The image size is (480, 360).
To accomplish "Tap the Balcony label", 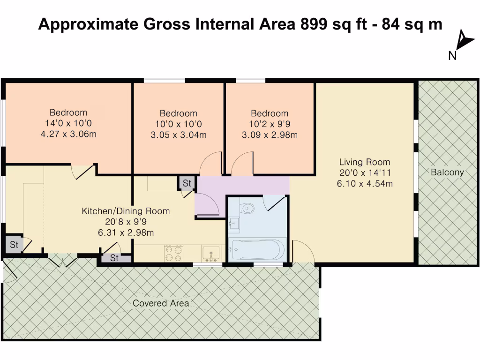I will (x=447, y=172).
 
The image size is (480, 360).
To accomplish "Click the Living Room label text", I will (x=365, y=162).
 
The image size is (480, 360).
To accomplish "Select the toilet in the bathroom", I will (x=247, y=207).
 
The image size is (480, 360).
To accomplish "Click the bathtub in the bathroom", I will (x=256, y=250).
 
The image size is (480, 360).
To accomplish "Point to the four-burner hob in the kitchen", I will (x=173, y=254).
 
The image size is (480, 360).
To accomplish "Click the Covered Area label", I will (x=161, y=303).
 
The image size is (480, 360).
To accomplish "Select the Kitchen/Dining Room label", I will (x=126, y=211).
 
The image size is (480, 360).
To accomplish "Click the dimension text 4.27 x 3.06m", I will (x=68, y=134).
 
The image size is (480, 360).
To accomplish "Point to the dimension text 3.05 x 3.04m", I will (x=178, y=135).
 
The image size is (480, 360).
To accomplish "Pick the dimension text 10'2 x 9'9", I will (x=270, y=124).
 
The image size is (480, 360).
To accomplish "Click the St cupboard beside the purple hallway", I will (x=187, y=183).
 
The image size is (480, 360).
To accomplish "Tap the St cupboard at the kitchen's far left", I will (x=14, y=245).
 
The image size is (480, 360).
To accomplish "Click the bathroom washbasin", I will (x=234, y=224).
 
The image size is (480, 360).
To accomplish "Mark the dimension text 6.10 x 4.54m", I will (x=365, y=184).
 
